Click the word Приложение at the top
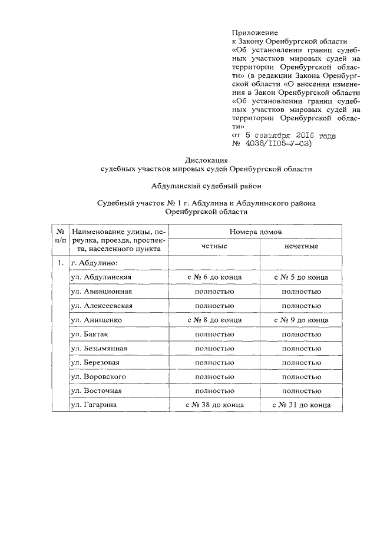point(255,32)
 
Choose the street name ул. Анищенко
point(97,320)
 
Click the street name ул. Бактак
point(90,334)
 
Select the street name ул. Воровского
point(99,376)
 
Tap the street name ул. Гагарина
point(95,405)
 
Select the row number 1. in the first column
point(59,263)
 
